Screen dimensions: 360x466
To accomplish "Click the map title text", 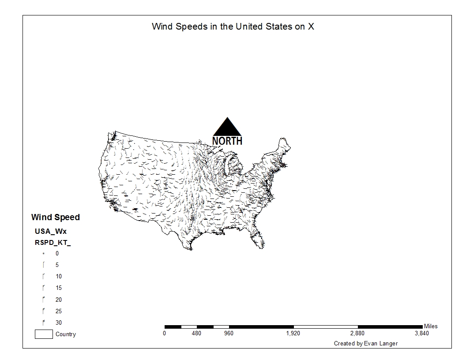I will (x=233, y=26).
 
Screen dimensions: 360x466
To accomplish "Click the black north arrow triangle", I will (x=227, y=128).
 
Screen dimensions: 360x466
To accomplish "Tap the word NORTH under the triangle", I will (x=227, y=141).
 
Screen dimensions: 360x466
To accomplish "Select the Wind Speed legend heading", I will (x=56, y=217).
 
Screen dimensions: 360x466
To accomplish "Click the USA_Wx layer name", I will (x=51, y=231).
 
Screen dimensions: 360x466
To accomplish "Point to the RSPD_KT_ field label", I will (x=53, y=242).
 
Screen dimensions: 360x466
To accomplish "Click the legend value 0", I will (x=57, y=254).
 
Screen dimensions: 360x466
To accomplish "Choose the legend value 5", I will (x=57, y=265).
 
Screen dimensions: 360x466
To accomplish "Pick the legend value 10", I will (x=59, y=277).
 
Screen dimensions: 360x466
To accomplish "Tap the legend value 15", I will (x=59, y=288).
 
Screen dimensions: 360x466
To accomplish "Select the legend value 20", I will (x=59, y=300).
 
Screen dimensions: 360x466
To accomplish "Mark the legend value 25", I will (x=59, y=311).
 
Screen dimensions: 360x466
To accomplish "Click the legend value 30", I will (x=59, y=322).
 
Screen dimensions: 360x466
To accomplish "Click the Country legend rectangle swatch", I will (x=44, y=334).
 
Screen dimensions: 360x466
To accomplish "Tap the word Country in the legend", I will (x=66, y=334).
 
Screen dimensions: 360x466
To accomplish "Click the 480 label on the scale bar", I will (x=196, y=334).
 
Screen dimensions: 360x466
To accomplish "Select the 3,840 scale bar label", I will (x=421, y=334).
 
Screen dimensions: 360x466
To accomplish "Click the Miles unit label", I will (x=431, y=326).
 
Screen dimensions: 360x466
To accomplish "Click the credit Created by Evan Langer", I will (x=366, y=343).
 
